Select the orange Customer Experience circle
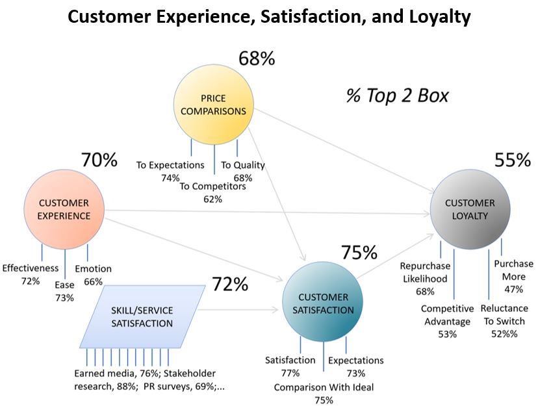pyautogui.click(x=64, y=209)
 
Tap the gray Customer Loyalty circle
pyautogui.click(x=470, y=209)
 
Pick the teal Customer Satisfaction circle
pyautogui.click(x=319, y=303)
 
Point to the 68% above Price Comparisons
pyautogui.click(x=257, y=58)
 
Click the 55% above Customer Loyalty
pyautogui.click(x=513, y=160)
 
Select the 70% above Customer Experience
pyautogui.click(x=99, y=160)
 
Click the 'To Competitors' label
pyautogui.click(x=212, y=186)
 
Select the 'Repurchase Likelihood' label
pyautogui.click(x=426, y=271)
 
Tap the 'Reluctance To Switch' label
pyautogui.click(x=506, y=314)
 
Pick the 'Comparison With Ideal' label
pyautogui.click(x=324, y=388)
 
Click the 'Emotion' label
pyautogui.click(x=93, y=269)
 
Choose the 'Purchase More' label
pyautogui.click(x=513, y=270)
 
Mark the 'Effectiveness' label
pyautogui.click(x=31, y=268)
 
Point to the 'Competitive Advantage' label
pyautogui.click(x=447, y=315)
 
